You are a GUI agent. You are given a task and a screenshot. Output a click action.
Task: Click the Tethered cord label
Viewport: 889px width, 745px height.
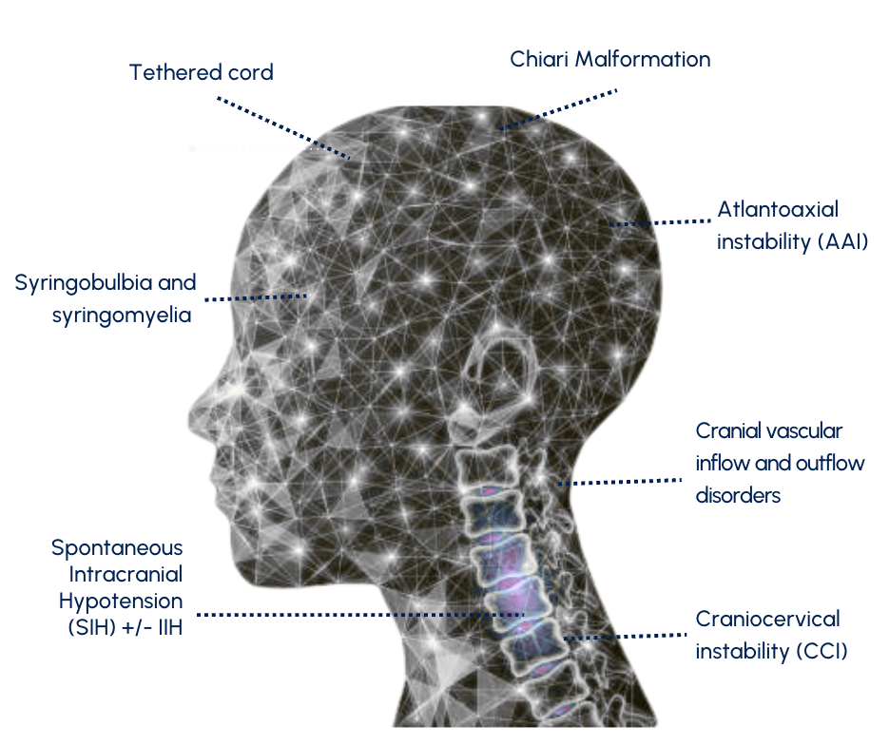click(x=202, y=72)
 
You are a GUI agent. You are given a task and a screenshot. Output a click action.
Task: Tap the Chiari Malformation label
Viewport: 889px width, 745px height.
click(x=609, y=59)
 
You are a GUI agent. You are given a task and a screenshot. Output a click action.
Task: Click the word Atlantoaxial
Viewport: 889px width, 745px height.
click(x=778, y=210)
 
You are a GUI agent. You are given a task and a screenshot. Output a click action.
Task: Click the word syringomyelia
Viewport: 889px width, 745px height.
click(x=123, y=315)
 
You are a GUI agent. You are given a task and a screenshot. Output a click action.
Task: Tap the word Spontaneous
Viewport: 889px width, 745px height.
click(x=117, y=547)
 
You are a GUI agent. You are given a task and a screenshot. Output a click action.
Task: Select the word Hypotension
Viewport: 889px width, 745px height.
click(x=121, y=601)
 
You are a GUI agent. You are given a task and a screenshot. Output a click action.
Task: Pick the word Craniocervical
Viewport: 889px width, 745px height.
click(x=767, y=620)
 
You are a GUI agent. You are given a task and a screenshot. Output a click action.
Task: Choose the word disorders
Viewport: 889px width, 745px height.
click(x=738, y=495)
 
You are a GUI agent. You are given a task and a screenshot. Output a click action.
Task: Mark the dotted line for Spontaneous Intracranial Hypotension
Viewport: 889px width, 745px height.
click(x=361, y=615)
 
